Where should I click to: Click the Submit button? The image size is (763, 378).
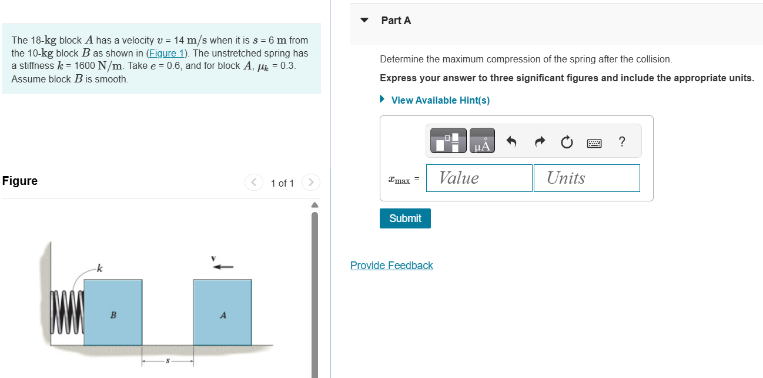point(405,218)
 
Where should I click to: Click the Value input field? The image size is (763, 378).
point(479,178)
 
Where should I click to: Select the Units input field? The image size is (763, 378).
point(586,178)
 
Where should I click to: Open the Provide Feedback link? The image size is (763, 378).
point(391,266)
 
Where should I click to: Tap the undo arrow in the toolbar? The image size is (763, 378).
point(511,142)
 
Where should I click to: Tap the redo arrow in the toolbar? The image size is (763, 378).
point(540,142)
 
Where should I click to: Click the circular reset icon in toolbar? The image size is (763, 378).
point(567,142)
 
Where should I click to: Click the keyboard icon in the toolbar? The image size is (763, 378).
point(594,142)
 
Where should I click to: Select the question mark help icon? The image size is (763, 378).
point(622,142)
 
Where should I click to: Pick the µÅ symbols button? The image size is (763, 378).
point(482,141)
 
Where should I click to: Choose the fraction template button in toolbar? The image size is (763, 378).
point(449,141)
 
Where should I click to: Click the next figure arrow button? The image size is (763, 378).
point(310,183)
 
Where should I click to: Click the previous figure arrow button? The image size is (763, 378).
point(253,183)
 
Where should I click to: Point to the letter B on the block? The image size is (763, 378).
point(113,316)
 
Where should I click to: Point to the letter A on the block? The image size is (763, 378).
point(223,316)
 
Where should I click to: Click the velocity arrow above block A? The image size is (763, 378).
point(223,267)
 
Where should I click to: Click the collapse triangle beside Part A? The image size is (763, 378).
point(364,20)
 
